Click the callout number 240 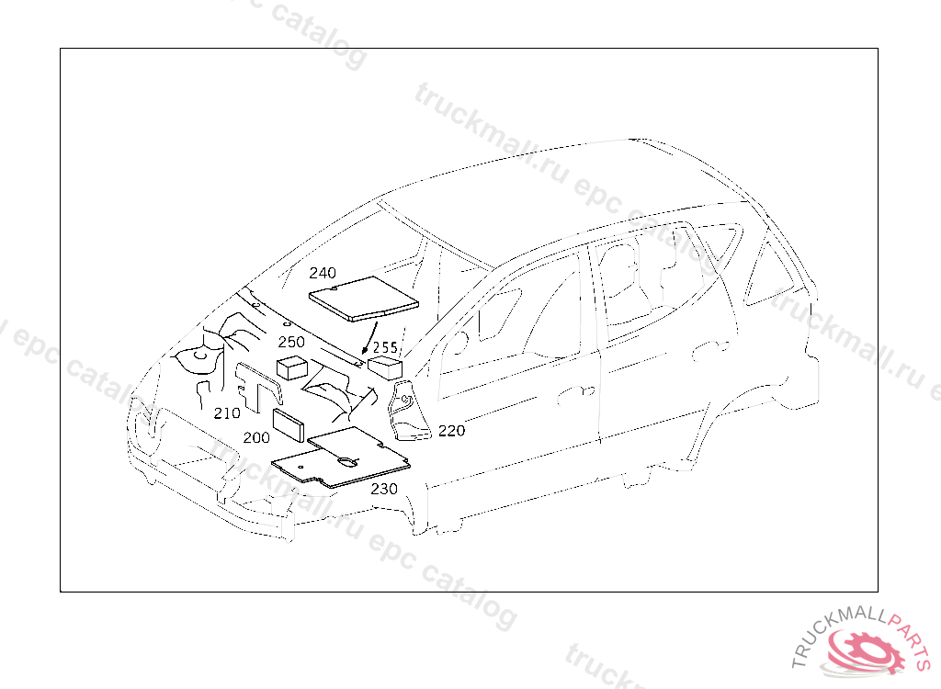click(x=323, y=273)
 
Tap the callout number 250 click(x=291, y=342)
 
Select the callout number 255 click(x=385, y=348)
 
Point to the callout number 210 click(x=227, y=413)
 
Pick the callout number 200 click(x=256, y=438)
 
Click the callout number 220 click(x=451, y=430)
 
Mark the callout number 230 click(x=384, y=489)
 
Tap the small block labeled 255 click(x=386, y=367)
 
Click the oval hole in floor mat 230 click(x=346, y=460)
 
